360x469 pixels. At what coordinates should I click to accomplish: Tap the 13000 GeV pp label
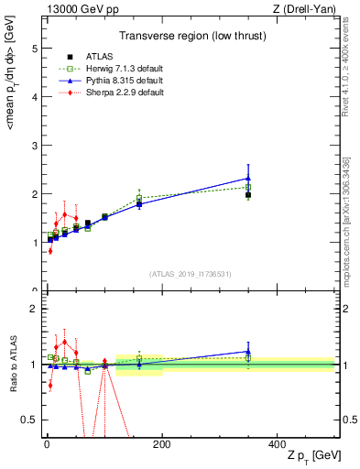[78, 10]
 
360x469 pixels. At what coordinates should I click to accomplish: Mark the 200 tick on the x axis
[161, 443]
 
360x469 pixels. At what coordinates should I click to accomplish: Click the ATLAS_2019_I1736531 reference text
[191, 273]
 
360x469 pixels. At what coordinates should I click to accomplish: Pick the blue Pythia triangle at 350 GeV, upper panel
[248, 179]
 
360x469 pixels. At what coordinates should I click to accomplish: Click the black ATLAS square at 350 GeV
[248, 195]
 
